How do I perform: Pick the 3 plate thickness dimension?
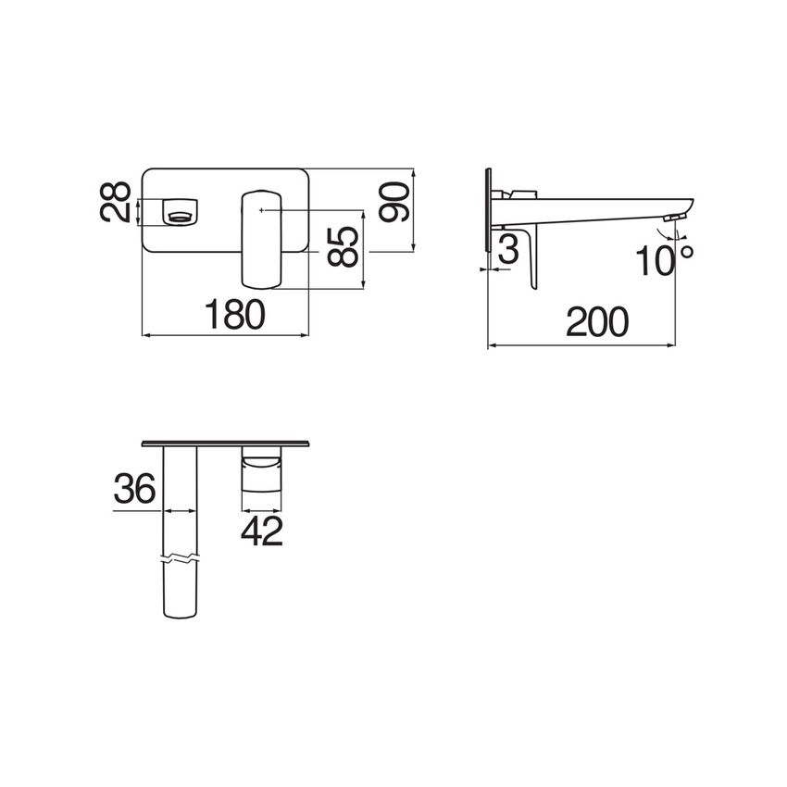pyautogui.click(x=508, y=250)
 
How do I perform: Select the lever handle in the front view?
pyautogui.click(x=262, y=239)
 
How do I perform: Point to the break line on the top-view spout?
pyautogui.click(x=181, y=560)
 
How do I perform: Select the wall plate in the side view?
pyautogui.click(x=488, y=209)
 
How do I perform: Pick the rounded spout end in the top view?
pyautogui.click(x=181, y=607)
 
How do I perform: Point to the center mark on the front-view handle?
pyautogui.click(x=263, y=211)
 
